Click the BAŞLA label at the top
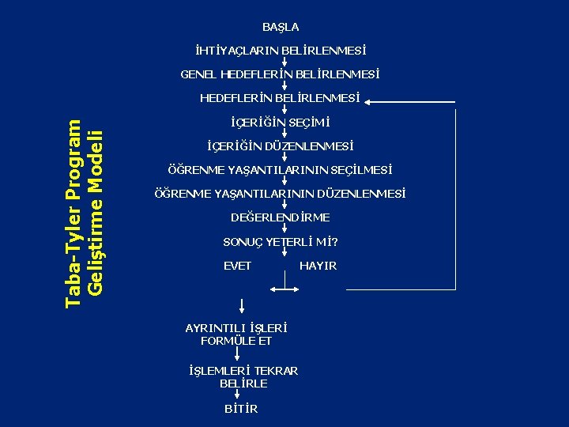(281, 27)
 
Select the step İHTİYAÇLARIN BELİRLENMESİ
(281, 51)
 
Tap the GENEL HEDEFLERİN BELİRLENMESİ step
(280, 74)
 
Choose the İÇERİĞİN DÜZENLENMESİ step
(280, 146)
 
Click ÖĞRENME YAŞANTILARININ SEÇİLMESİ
(281, 170)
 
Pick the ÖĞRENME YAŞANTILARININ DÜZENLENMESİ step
(281, 194)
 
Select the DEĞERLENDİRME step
(281, 217)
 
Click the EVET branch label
(237, 266)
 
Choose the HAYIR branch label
(318, 266)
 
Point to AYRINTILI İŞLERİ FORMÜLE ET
(236, 334)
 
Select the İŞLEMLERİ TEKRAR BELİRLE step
(243, 376)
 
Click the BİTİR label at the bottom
(241, 409)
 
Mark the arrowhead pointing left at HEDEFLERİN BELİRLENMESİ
(371, 101)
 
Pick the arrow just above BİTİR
(238, 396)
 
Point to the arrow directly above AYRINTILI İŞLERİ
(242, 306)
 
